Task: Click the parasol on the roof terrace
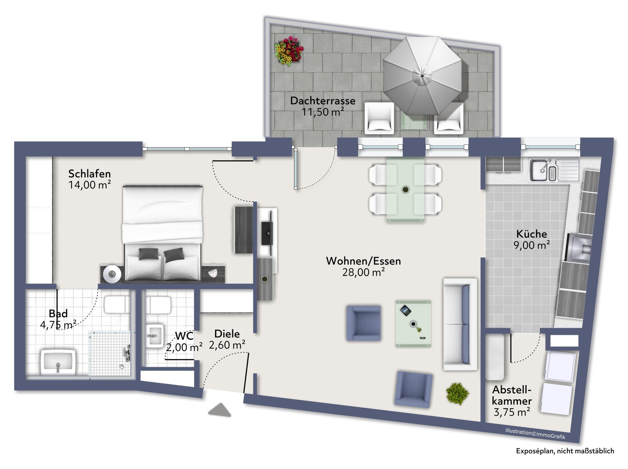pos(422,76)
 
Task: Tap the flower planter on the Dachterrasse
pos(289,51)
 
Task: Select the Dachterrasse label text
pos(323,101)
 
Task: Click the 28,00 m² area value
pos(363,272)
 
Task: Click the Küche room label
pos(532,234)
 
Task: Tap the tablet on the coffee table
pos(405,310)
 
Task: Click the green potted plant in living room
pos(457,394)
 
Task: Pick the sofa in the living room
pos(460,324)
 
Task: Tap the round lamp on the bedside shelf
pos(112,274)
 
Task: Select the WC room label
pos(184,336)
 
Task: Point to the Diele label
pos(227,334)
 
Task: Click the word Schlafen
pos(89,173)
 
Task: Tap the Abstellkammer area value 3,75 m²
pos(512,412)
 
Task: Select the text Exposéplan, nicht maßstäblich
pos(565,451)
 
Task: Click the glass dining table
pos(405,189)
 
